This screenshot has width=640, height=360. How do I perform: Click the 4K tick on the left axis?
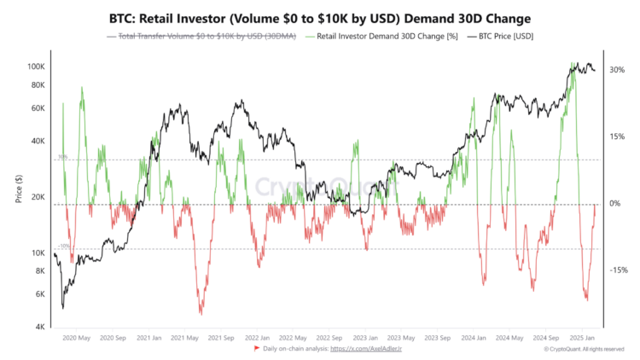coord(38,328)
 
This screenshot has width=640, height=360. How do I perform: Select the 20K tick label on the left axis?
coord(37,197)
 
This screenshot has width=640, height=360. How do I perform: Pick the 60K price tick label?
coord(37,108)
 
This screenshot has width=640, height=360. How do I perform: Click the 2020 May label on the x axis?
coord(78,337)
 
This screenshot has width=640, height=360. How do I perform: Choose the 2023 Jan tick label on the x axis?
coord(365,337)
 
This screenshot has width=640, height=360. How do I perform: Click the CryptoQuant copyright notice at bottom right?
coord(585,349)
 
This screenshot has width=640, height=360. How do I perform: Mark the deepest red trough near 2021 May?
coord(201,313)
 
